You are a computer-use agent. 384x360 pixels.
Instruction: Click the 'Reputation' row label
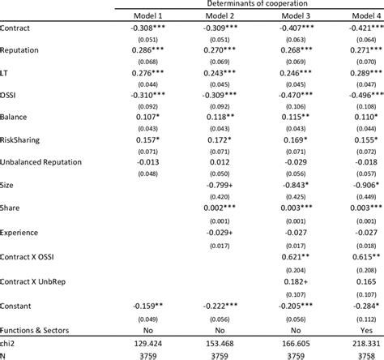(21, 49)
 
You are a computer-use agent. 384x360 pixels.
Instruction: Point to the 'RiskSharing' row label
(23, 139)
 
